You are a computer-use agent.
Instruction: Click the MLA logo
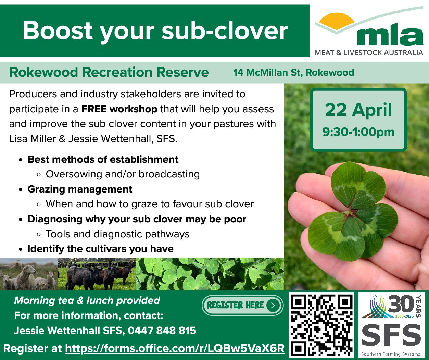tap(369, 32)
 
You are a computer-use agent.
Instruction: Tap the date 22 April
tap(358, 110)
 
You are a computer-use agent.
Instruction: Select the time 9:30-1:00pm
tap(358, 132)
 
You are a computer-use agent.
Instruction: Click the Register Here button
tap(242, 305)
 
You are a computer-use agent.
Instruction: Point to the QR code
tap(322, 325)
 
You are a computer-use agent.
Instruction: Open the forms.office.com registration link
tap(175, 348)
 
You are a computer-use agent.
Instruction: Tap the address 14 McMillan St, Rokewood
tap(293, 73)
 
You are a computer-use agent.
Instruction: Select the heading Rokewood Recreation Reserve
tap(109, 73)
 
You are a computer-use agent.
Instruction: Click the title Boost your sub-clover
tap(155, 31)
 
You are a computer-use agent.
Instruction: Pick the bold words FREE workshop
tap(119, 109)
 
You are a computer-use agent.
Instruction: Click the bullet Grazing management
tap(80, 189)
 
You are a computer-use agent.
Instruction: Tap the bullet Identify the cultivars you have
tap(100, 249)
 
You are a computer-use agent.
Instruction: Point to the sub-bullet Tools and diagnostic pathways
tap(117, 234)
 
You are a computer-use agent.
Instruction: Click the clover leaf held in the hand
tap(353, 212)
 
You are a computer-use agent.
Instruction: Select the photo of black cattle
tap(97, 274)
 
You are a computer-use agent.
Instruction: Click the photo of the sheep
tap(29, 274)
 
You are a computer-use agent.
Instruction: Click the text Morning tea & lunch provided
tap(87, 301)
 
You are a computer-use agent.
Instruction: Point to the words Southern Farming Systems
tap(391, 354)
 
